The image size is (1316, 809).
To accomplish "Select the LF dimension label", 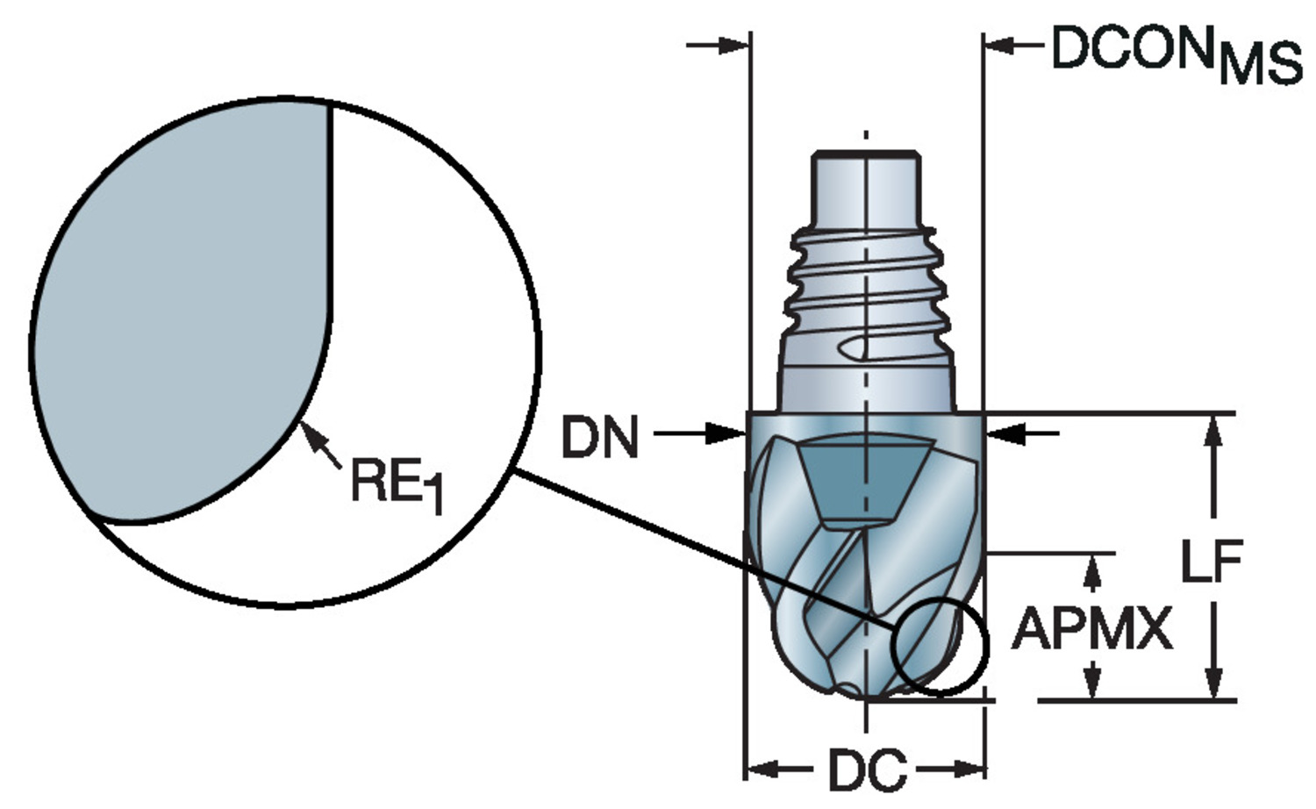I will (x=1211, y=562).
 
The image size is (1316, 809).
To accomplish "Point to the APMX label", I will (x=1092, y=628).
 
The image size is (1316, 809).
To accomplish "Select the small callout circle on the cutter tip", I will (x=939, y=647).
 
